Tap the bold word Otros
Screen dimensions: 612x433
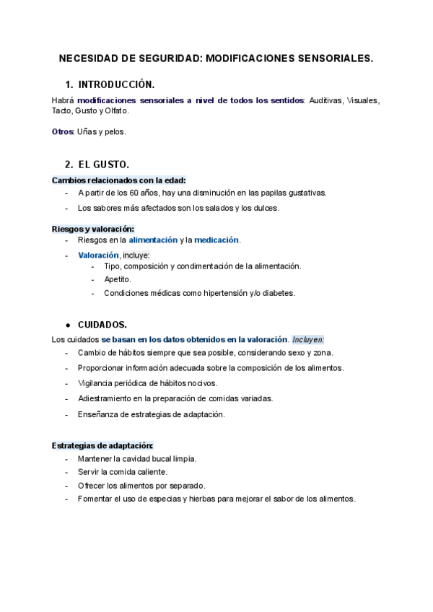(63, 131)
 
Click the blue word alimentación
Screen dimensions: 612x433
(153, 240)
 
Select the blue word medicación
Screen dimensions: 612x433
(216, 240)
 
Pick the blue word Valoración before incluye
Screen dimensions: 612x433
(98, 255)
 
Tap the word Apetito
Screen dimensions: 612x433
(118, 279)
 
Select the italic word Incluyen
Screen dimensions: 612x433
(308, 339)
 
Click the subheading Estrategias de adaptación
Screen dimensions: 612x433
(102, 445)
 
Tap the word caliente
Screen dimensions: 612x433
(151, 472)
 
